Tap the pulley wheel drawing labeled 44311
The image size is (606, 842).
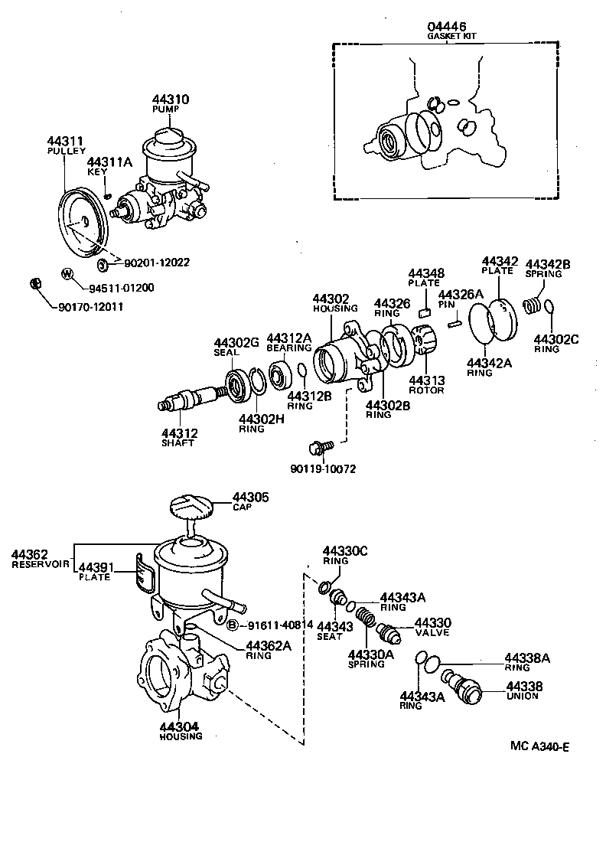83,223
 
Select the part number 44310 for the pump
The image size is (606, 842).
171,100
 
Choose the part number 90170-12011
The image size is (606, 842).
90,306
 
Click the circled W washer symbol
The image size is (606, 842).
67,273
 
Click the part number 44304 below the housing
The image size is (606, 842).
181,726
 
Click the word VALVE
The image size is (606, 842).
432,633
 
